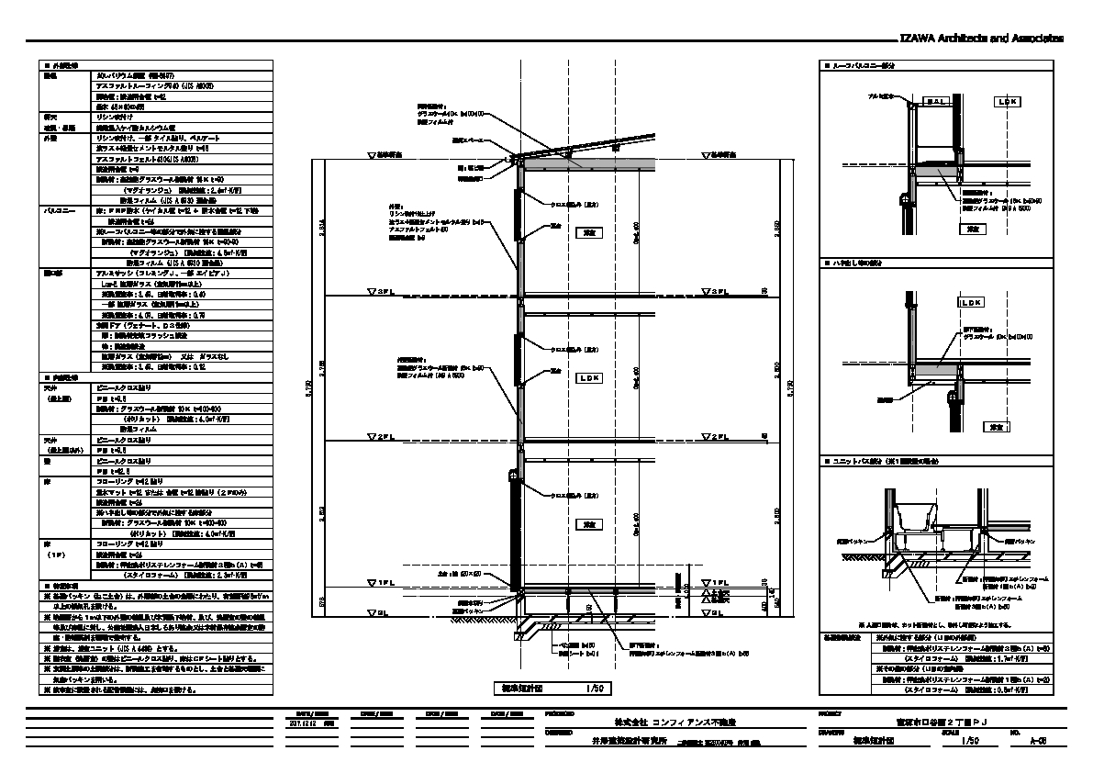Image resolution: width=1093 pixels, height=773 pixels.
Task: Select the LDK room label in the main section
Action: (x=588, y=377)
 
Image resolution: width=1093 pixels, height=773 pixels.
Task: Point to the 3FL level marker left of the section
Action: (x=380, y=292)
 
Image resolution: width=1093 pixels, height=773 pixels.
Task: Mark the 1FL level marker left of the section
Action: (x=380, y=582)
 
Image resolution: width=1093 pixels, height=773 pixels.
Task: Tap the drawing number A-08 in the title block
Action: (x=1039, y=740)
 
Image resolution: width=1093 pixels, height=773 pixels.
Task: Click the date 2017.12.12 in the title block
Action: (x=303, y=723)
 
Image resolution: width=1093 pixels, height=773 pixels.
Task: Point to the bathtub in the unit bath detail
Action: (x=917, y=517)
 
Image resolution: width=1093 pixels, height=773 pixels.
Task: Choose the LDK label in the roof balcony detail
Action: (x=1007, y=102)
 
